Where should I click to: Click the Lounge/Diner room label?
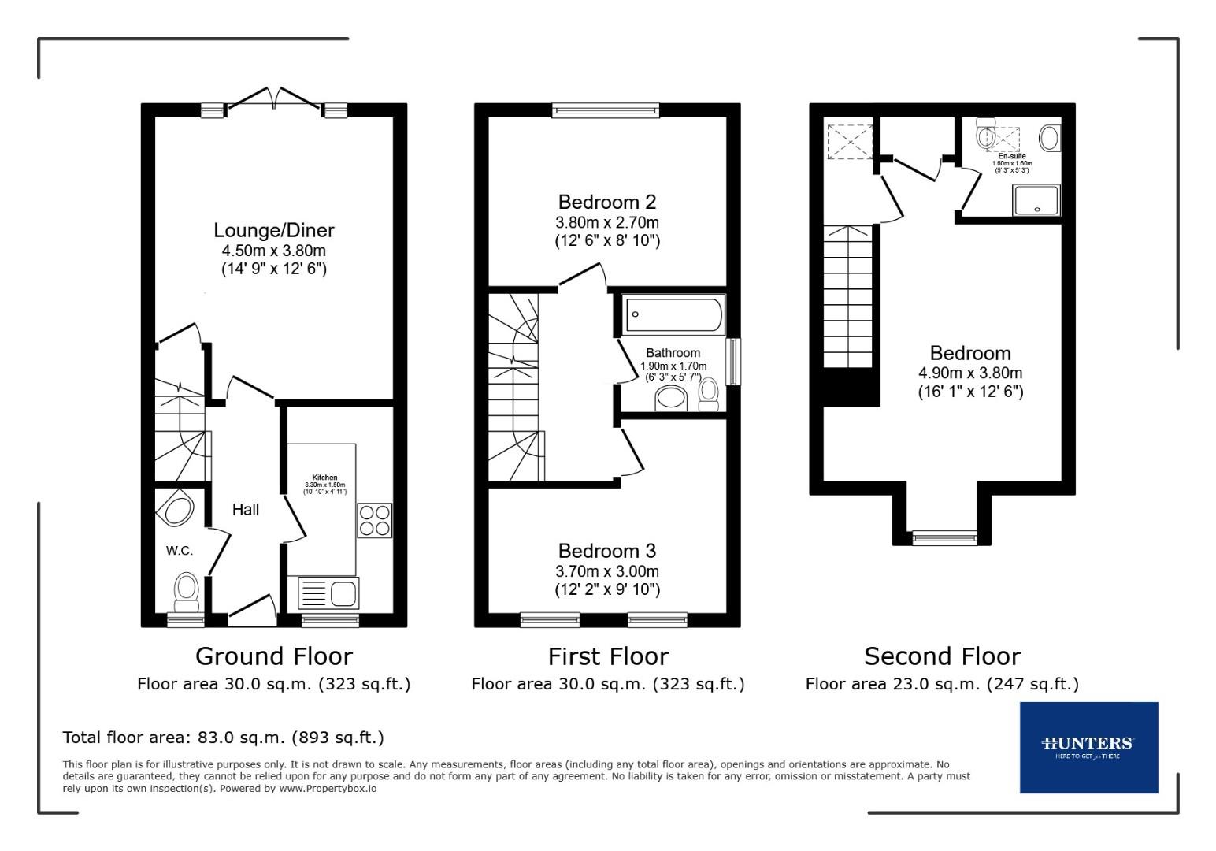click(x=273, y=230)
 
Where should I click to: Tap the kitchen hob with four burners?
click(x=374, y=520)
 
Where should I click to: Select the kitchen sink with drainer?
click(x=328, y=593)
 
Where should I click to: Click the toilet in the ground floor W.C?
click(x=187, y=590)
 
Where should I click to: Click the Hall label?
click(x=245, y=510)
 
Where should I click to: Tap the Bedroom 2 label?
click(x=606, y=202)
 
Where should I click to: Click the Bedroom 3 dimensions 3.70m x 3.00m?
click(x=606, y=571)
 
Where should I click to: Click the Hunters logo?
click(x=1088, y=746)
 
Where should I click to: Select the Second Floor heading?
click(x=942, y=656)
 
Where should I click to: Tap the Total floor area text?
click(x=223, y=738)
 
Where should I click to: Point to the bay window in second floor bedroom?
click(x=943, y=538)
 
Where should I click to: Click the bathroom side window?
click(x=732, y=362)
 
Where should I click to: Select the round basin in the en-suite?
click(x=1048, y=138)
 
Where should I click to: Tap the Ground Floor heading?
click(x=273, y=656)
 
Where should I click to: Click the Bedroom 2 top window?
click(x=605, y=110)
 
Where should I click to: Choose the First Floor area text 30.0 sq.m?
click(x=607, y=684)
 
